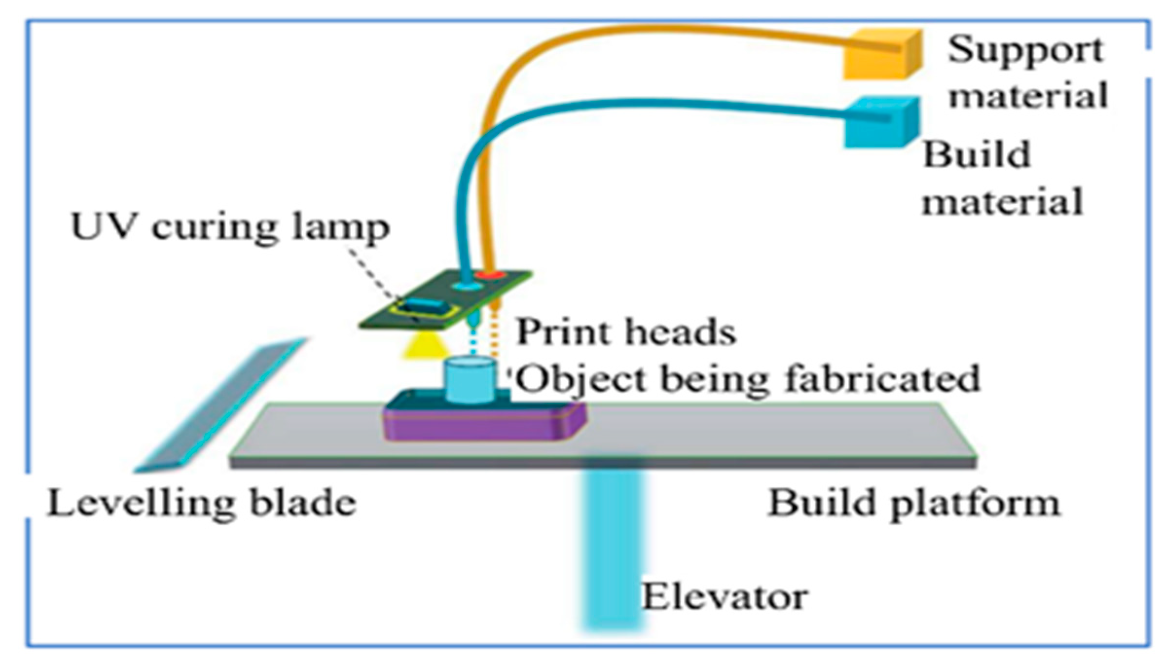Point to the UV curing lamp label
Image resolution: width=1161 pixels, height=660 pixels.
(x=230, y=227)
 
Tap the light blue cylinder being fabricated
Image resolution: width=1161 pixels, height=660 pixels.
(x=470, y=380)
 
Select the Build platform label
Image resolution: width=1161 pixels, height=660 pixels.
(x=914, y=503)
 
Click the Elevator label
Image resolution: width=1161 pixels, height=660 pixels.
(x=725, y=597)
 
